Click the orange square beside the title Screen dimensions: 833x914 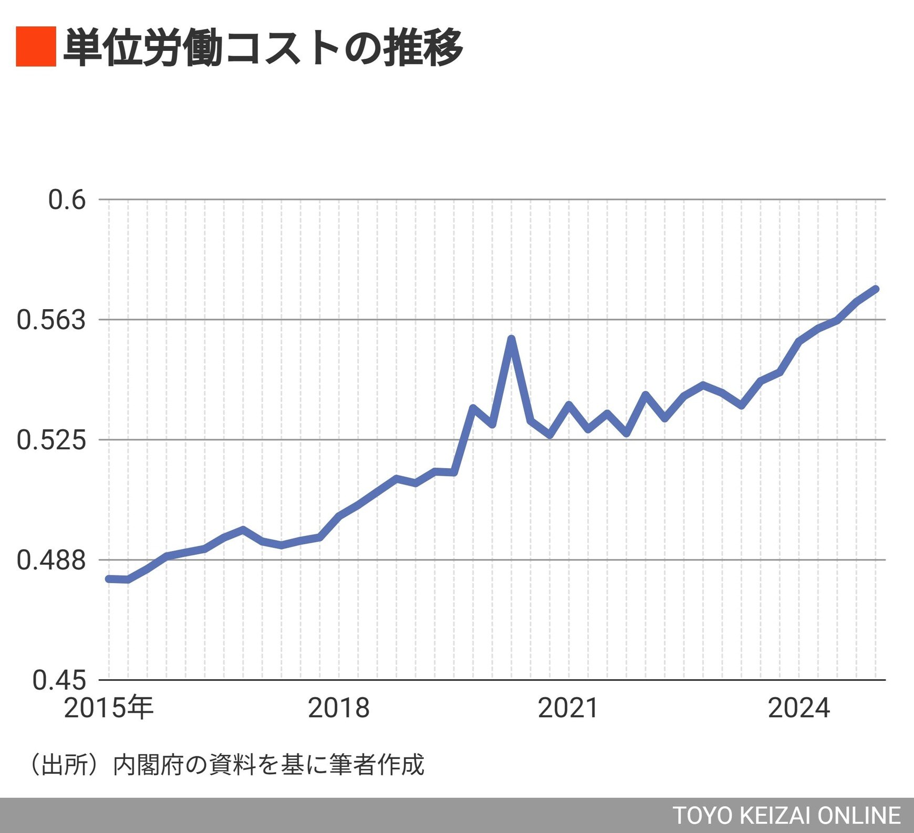pos(36,46)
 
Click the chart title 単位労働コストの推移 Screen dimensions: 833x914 pos(263,47)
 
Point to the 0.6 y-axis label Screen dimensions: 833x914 pos(67,200)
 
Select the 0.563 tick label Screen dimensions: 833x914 pos(51,320)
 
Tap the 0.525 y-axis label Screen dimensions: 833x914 pos(51,439)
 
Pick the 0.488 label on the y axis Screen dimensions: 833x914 pos(51,560)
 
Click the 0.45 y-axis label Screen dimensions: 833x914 pos(59,680)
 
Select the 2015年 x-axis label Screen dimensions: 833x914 pos(109,708)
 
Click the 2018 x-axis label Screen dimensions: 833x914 pos(339,708)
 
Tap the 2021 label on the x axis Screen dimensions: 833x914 pos(568,708)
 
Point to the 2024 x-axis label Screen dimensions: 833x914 pos(798,708)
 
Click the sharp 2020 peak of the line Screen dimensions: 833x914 pos(511,339)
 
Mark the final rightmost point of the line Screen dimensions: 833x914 pos(876,289)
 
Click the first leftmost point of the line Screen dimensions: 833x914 pos(109,579)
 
